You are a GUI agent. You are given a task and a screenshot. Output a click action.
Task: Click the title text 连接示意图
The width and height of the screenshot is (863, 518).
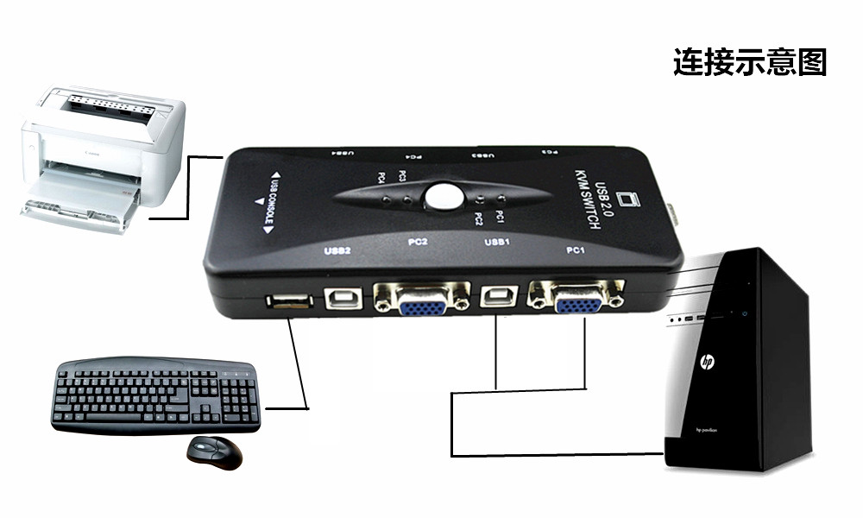click(749, 63)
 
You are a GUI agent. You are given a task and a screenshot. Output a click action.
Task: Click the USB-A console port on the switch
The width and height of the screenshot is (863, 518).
click(288, 302)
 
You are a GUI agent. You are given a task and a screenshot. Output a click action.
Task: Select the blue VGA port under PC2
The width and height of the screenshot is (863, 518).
click(422, 301)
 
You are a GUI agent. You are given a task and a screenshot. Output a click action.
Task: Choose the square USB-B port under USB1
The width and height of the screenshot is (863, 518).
click(498, 297)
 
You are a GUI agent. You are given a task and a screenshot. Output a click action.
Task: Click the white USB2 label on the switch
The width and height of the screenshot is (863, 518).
click(336, 252)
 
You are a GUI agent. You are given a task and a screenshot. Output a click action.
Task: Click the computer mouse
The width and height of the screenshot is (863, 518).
click(215, 452)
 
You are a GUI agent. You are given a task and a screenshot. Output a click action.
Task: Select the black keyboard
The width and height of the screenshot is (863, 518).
click(155, 396)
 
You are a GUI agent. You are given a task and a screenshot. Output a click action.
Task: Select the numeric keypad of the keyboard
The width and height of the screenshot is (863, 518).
click(236, 393)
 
